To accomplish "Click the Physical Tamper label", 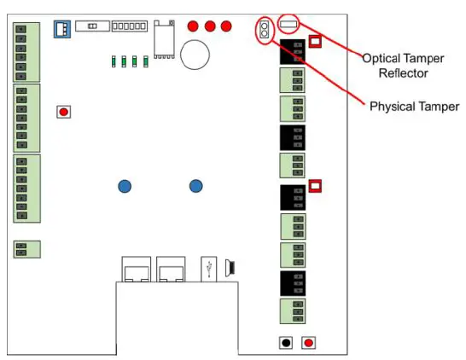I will (x=414, y=107).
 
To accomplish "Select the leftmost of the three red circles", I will (x=194, y=26).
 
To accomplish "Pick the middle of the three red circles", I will (x=210, y=26).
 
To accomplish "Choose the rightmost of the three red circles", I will (x=226, y=26).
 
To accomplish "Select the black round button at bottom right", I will (x=286, y=343).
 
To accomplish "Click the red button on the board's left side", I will (x=63, y=112).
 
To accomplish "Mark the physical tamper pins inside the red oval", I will (x=264, y=32).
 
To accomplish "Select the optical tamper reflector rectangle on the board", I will (x=290, y=26).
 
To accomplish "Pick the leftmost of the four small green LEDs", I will (x=114, y=61).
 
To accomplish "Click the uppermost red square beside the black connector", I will (x=315, y=40).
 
